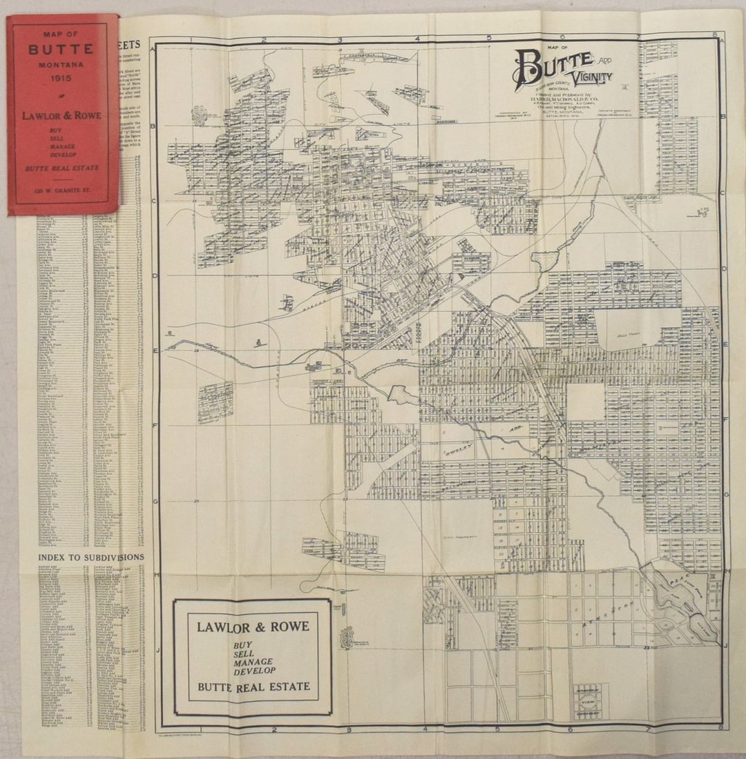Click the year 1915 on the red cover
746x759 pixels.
pos(63,77)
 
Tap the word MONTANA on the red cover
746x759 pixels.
pos(63,63)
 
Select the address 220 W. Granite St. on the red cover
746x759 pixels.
pos(63,188)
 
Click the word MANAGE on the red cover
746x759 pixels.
pos(63,146)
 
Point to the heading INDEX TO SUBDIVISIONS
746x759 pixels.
pos(91,557)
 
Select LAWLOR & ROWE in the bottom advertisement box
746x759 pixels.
pos(253,627)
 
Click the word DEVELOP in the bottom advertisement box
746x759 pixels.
pos(253,670)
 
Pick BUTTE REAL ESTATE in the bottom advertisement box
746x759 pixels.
pos(253,686)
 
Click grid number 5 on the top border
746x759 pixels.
pos(488,38)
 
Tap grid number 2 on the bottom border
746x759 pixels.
pos(274,729)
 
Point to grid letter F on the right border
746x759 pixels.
pos(724,418)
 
